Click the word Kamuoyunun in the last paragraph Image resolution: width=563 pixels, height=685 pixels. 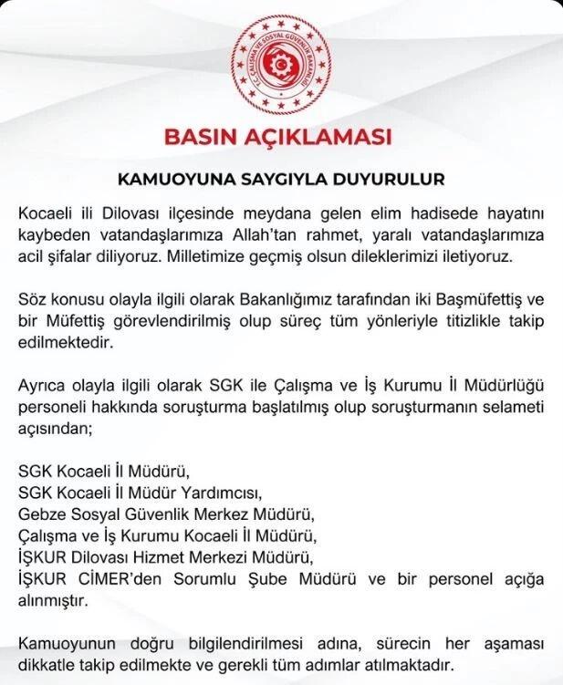[x=66, y=644]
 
